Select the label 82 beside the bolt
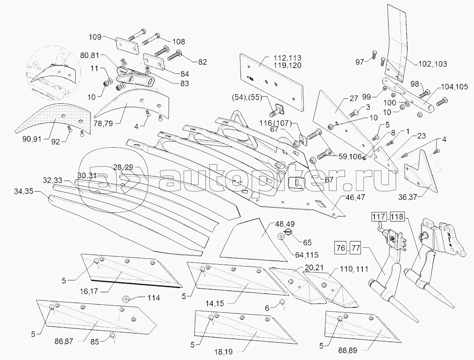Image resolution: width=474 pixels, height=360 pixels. tap(203, 62)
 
